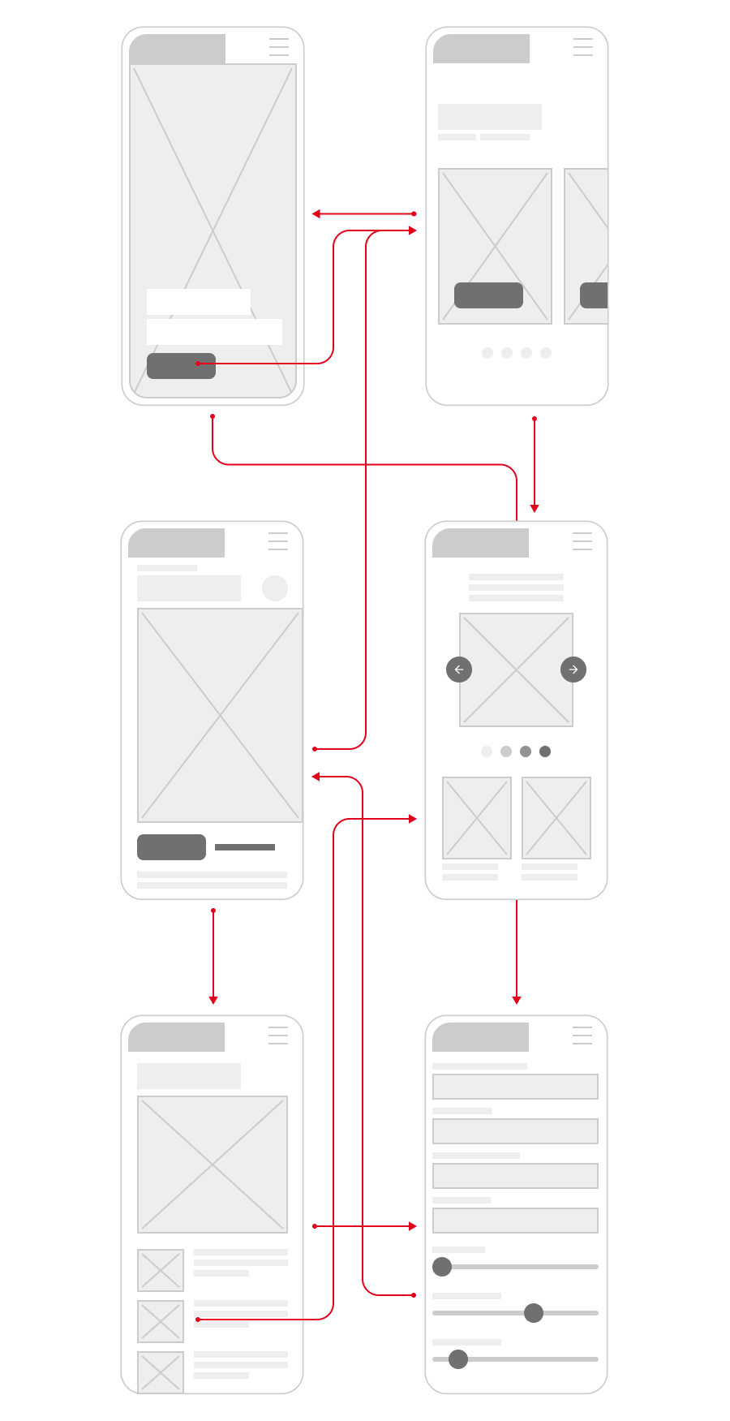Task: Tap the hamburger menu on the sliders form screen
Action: (582, 1036)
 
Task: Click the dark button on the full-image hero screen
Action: (181, 366)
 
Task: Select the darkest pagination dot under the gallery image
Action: (545, 751)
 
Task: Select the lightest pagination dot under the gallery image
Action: (487, 751)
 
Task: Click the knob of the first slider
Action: (442, 1267)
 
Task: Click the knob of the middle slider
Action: (534, 1313)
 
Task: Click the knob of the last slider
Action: (458, 1359)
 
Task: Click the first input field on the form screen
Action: (515, 1087)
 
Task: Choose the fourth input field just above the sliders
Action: (515, 1221)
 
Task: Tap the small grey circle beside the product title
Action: (275, 588)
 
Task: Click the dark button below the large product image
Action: (171, 847)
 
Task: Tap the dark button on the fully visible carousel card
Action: (488, 295)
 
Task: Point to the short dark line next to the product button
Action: (245, 847)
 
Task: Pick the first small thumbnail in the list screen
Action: (161, 1270)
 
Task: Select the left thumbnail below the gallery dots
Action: (477, 818)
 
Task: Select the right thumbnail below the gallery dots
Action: (556, 818)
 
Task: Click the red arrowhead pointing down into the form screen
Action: (517, 1000)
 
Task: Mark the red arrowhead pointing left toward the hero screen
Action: (316, 214)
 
